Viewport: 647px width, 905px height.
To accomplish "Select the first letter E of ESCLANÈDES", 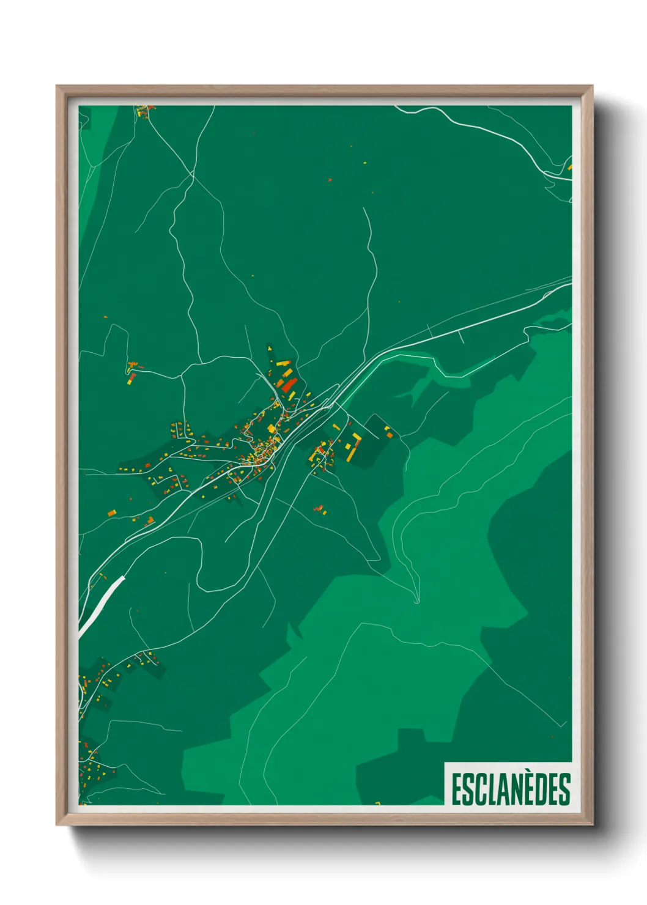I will point(456,789).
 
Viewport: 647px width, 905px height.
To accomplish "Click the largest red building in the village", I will point(289,385).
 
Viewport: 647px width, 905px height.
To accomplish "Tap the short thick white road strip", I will point(102,602).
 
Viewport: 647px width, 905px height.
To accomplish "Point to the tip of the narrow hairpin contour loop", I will point(416,602).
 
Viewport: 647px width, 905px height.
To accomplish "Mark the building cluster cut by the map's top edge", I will point(145,110).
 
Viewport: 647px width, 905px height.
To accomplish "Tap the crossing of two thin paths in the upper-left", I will point(193,173).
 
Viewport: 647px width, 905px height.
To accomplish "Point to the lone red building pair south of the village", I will point(319,509).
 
